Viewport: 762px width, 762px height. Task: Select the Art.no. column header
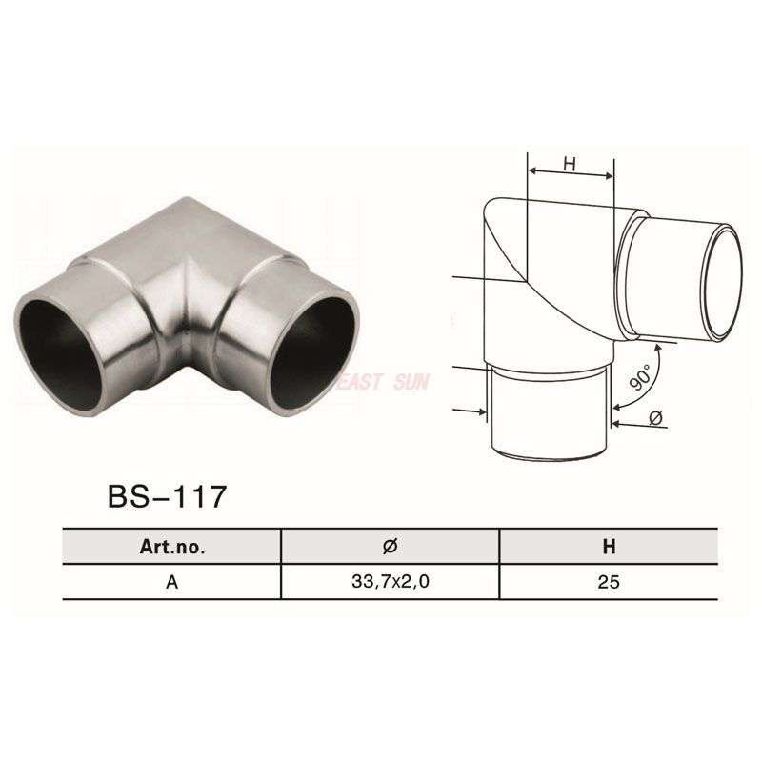tap(171, 547)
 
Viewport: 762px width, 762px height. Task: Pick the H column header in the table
tap(609, 547)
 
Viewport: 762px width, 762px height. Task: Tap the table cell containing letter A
tap(171, 582)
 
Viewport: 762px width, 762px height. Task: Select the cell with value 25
tap(609, 582)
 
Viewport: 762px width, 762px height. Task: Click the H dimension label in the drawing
tap(570, 164)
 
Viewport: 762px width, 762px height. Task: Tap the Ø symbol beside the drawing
tap(655, 416)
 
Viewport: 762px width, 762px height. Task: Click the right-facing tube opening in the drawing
tap(724, 283)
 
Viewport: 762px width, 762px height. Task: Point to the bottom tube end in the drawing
tap(551, 448)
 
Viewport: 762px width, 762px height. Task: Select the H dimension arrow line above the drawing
tap(570, 175)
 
